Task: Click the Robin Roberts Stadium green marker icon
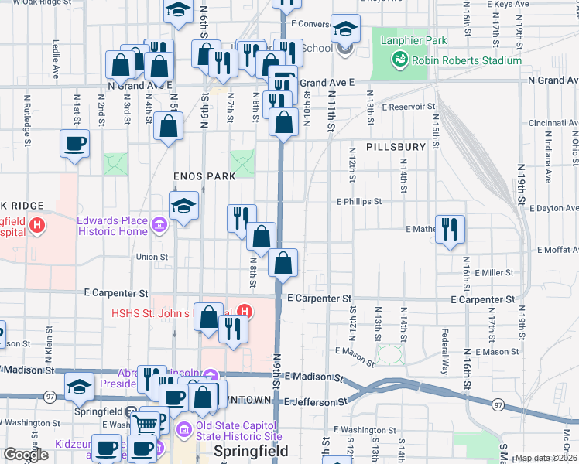(400, 59)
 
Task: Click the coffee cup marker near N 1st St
(75, 144)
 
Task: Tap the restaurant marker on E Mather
(450, 229)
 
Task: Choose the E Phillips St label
(359, 201)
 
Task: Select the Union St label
(152, 257)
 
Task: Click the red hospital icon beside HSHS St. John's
(243, 313)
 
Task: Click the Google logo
(26, 455)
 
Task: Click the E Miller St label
(495, 273)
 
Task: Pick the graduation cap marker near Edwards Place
(183, 206)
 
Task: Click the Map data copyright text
(546, 458)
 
